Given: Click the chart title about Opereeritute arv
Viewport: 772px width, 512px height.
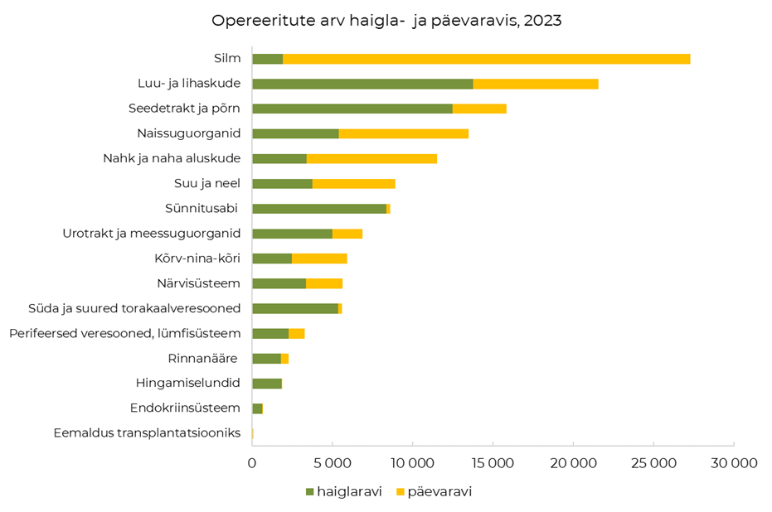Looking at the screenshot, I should [x=386, y=21].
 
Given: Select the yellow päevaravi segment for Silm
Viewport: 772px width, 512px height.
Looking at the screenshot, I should [x=486, y=59].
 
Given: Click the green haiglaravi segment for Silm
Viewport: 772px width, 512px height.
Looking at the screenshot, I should [x=267, y=59].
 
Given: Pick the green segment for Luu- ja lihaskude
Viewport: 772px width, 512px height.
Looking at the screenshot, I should [x=362, y=84].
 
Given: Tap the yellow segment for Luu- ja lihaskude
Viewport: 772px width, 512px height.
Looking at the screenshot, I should [x=535, y=84].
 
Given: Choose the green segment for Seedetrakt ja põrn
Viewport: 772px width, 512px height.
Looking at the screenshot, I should [x=352, y=109].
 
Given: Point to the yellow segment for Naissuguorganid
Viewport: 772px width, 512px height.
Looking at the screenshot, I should [x=403, y=133].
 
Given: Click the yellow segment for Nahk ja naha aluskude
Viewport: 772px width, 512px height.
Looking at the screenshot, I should [x=371, y=158].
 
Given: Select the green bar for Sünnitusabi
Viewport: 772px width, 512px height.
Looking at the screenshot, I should [x=319, y=209].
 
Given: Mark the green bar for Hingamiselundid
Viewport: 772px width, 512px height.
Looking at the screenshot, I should [x=267, y=384].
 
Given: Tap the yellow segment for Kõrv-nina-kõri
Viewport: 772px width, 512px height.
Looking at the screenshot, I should [x=319, y=258].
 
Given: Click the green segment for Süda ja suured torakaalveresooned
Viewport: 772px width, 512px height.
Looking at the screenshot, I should [x=294, y=308].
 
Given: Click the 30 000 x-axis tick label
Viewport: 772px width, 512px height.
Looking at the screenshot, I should [x=734, y=464].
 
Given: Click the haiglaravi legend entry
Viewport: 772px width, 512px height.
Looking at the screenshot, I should [x=344, y=491].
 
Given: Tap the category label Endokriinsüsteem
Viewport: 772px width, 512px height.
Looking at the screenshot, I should [x=185, y=408].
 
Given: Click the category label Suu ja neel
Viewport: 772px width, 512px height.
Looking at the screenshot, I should [x=207, y=183].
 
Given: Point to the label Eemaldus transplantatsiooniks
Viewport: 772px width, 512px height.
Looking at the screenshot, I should [x=147, y=432].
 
